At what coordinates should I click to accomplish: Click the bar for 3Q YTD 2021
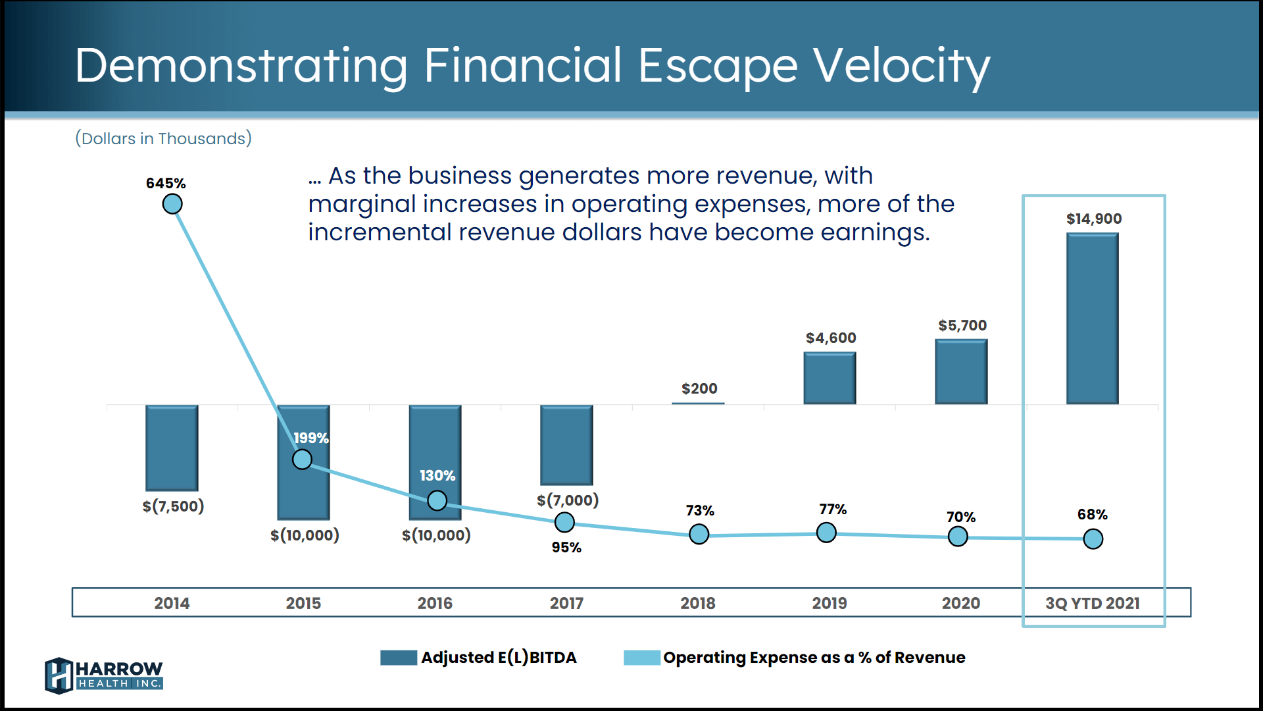click(1092, 319)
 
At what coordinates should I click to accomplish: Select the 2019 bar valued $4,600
click(830, 378)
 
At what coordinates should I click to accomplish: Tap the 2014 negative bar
click(172, 448)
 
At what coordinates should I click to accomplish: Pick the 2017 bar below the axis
click(566, 445)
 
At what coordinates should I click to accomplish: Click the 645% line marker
click(172, 204)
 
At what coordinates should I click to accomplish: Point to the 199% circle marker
click(302, 459)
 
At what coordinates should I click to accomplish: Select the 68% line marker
click(1093, 539)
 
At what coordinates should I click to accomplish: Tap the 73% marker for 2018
click(699, 534)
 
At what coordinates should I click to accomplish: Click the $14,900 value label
click(1094, 219)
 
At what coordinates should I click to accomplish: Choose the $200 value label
click(699, 388)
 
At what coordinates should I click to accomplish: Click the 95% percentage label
click(566, 547)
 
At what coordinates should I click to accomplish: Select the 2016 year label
click(435, 603)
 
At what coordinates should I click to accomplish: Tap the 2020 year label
click(960, 603)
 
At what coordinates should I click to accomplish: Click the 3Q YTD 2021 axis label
click(1092, 603)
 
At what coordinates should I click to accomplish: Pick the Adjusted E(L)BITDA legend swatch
click(399, 658)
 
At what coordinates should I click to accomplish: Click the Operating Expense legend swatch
click(642, 658)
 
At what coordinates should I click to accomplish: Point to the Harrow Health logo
click(104, 675)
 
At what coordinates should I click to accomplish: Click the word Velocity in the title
click(901, 66)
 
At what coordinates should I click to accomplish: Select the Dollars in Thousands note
click(163, 138)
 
